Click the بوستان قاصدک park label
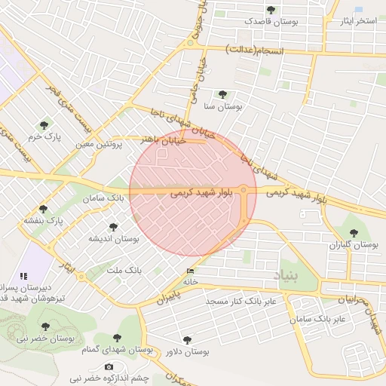271,22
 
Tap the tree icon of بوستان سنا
222,94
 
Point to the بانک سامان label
104,198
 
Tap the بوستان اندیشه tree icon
113,226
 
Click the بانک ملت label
124,269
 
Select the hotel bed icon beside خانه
189,271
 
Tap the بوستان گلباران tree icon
354,232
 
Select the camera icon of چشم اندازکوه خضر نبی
109,367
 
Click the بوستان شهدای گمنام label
116,351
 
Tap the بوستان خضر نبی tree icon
45,326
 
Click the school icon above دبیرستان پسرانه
24,276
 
